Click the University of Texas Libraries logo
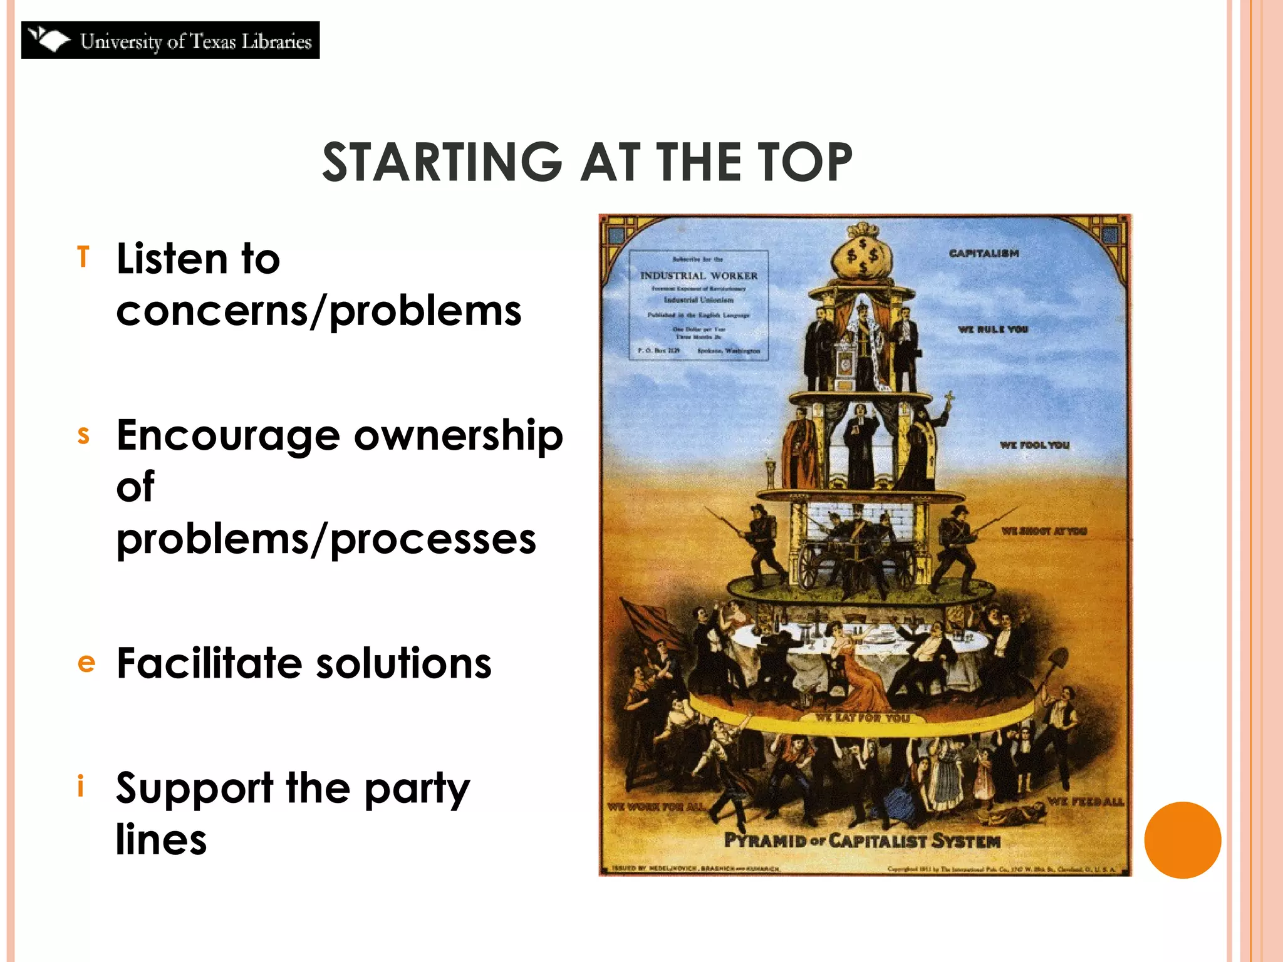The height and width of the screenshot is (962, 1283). pyautogui.click(x=170, y=40)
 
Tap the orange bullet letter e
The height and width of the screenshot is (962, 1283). pyautogui.click(x=86, y=663)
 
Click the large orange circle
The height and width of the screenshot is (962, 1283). pyautogui.click(x=1182, y=840)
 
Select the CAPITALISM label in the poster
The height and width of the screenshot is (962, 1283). pyautogui.click(x=984, y=254)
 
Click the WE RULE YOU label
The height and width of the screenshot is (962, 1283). pyautogui.click(x=993, y=329)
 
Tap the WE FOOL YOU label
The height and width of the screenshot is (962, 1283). pyautogui.click(x=1034, y=445)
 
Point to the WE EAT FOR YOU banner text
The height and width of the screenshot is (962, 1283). pyautogui.click(x=862, y=718)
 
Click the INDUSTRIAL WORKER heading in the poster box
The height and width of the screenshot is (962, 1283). pyautogui.click(x=699, y=276)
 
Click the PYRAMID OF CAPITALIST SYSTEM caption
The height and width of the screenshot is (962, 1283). pyautogui.click(x=862, y=840)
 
